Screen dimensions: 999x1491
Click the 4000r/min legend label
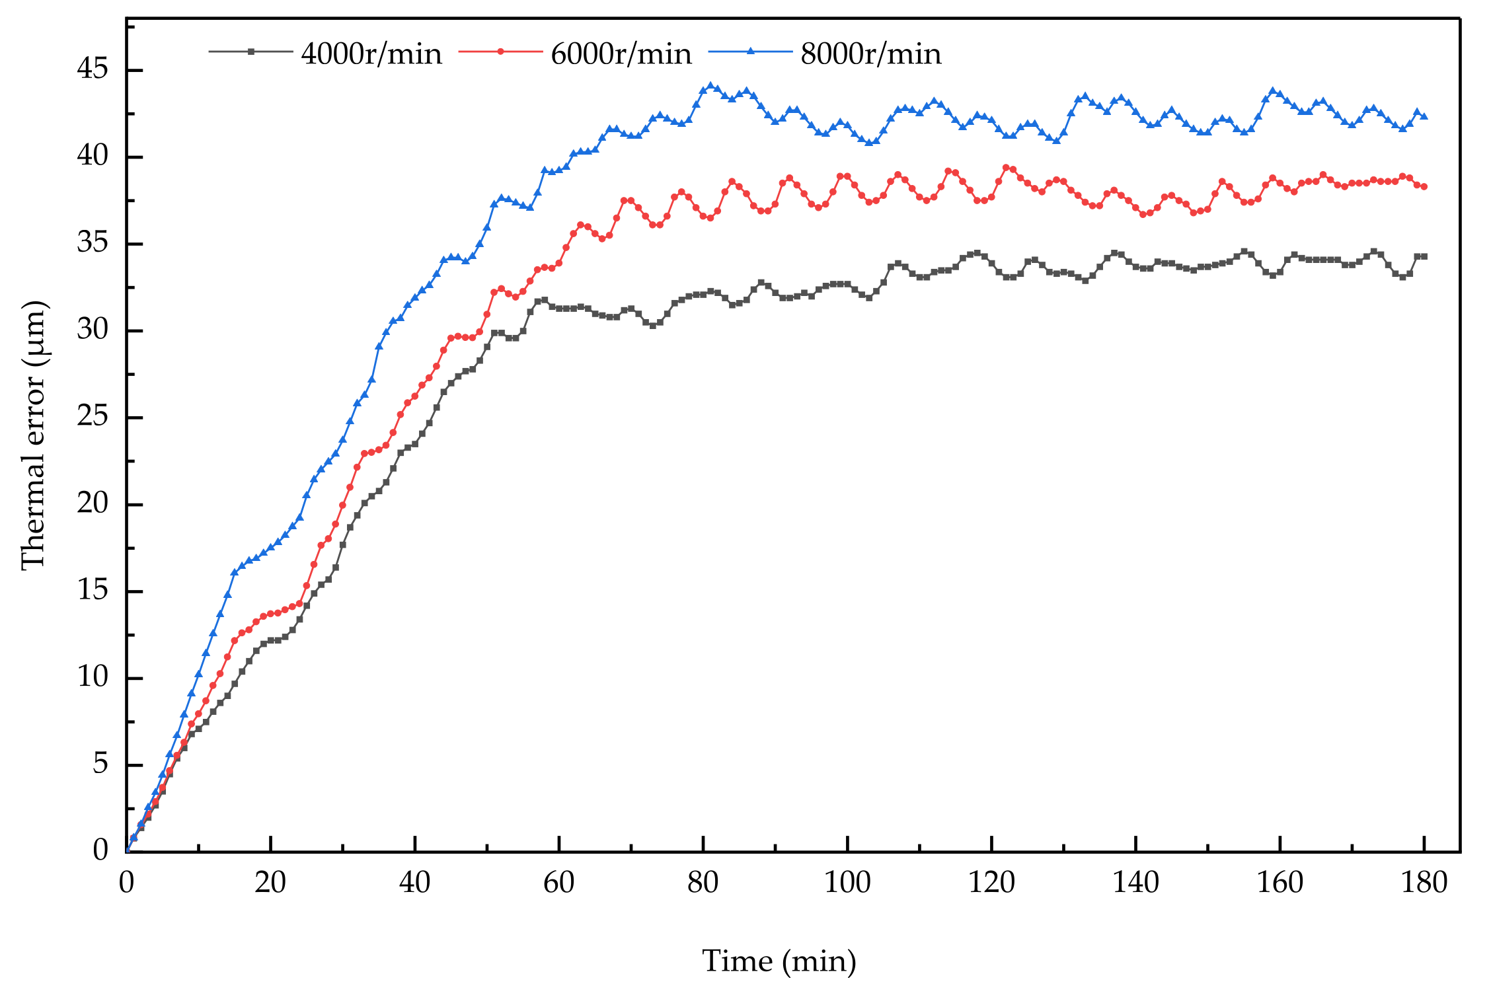coord(371,54)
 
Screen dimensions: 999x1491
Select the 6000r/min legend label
coord(621,54)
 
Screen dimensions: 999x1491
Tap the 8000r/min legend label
coord(871,54)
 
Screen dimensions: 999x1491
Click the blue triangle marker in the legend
coord(750,51)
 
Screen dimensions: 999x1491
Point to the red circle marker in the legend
coord(500,51)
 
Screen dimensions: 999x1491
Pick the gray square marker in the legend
coord(250,51)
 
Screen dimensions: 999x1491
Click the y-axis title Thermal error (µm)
coord(33,435)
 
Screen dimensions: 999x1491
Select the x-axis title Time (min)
coord(779,961)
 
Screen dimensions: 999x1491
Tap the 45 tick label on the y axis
coord(92,69)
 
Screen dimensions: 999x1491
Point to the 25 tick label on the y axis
coord(92,417)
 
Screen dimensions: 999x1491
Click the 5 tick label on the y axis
coord(100,764)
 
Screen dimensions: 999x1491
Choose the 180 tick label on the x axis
coord(1424,883)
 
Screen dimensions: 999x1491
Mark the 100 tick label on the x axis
coord(847,883)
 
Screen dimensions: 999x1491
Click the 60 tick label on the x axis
coord(558,883)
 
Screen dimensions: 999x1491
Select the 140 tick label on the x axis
coord(1135,883)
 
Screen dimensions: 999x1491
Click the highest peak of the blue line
coord(710,86)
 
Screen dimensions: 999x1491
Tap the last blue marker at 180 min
coord(1424,116)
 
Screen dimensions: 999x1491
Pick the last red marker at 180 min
coord(1424,187)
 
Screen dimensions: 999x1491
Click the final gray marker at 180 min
coord(1424,256)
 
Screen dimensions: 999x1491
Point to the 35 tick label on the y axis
coord(92,243)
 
